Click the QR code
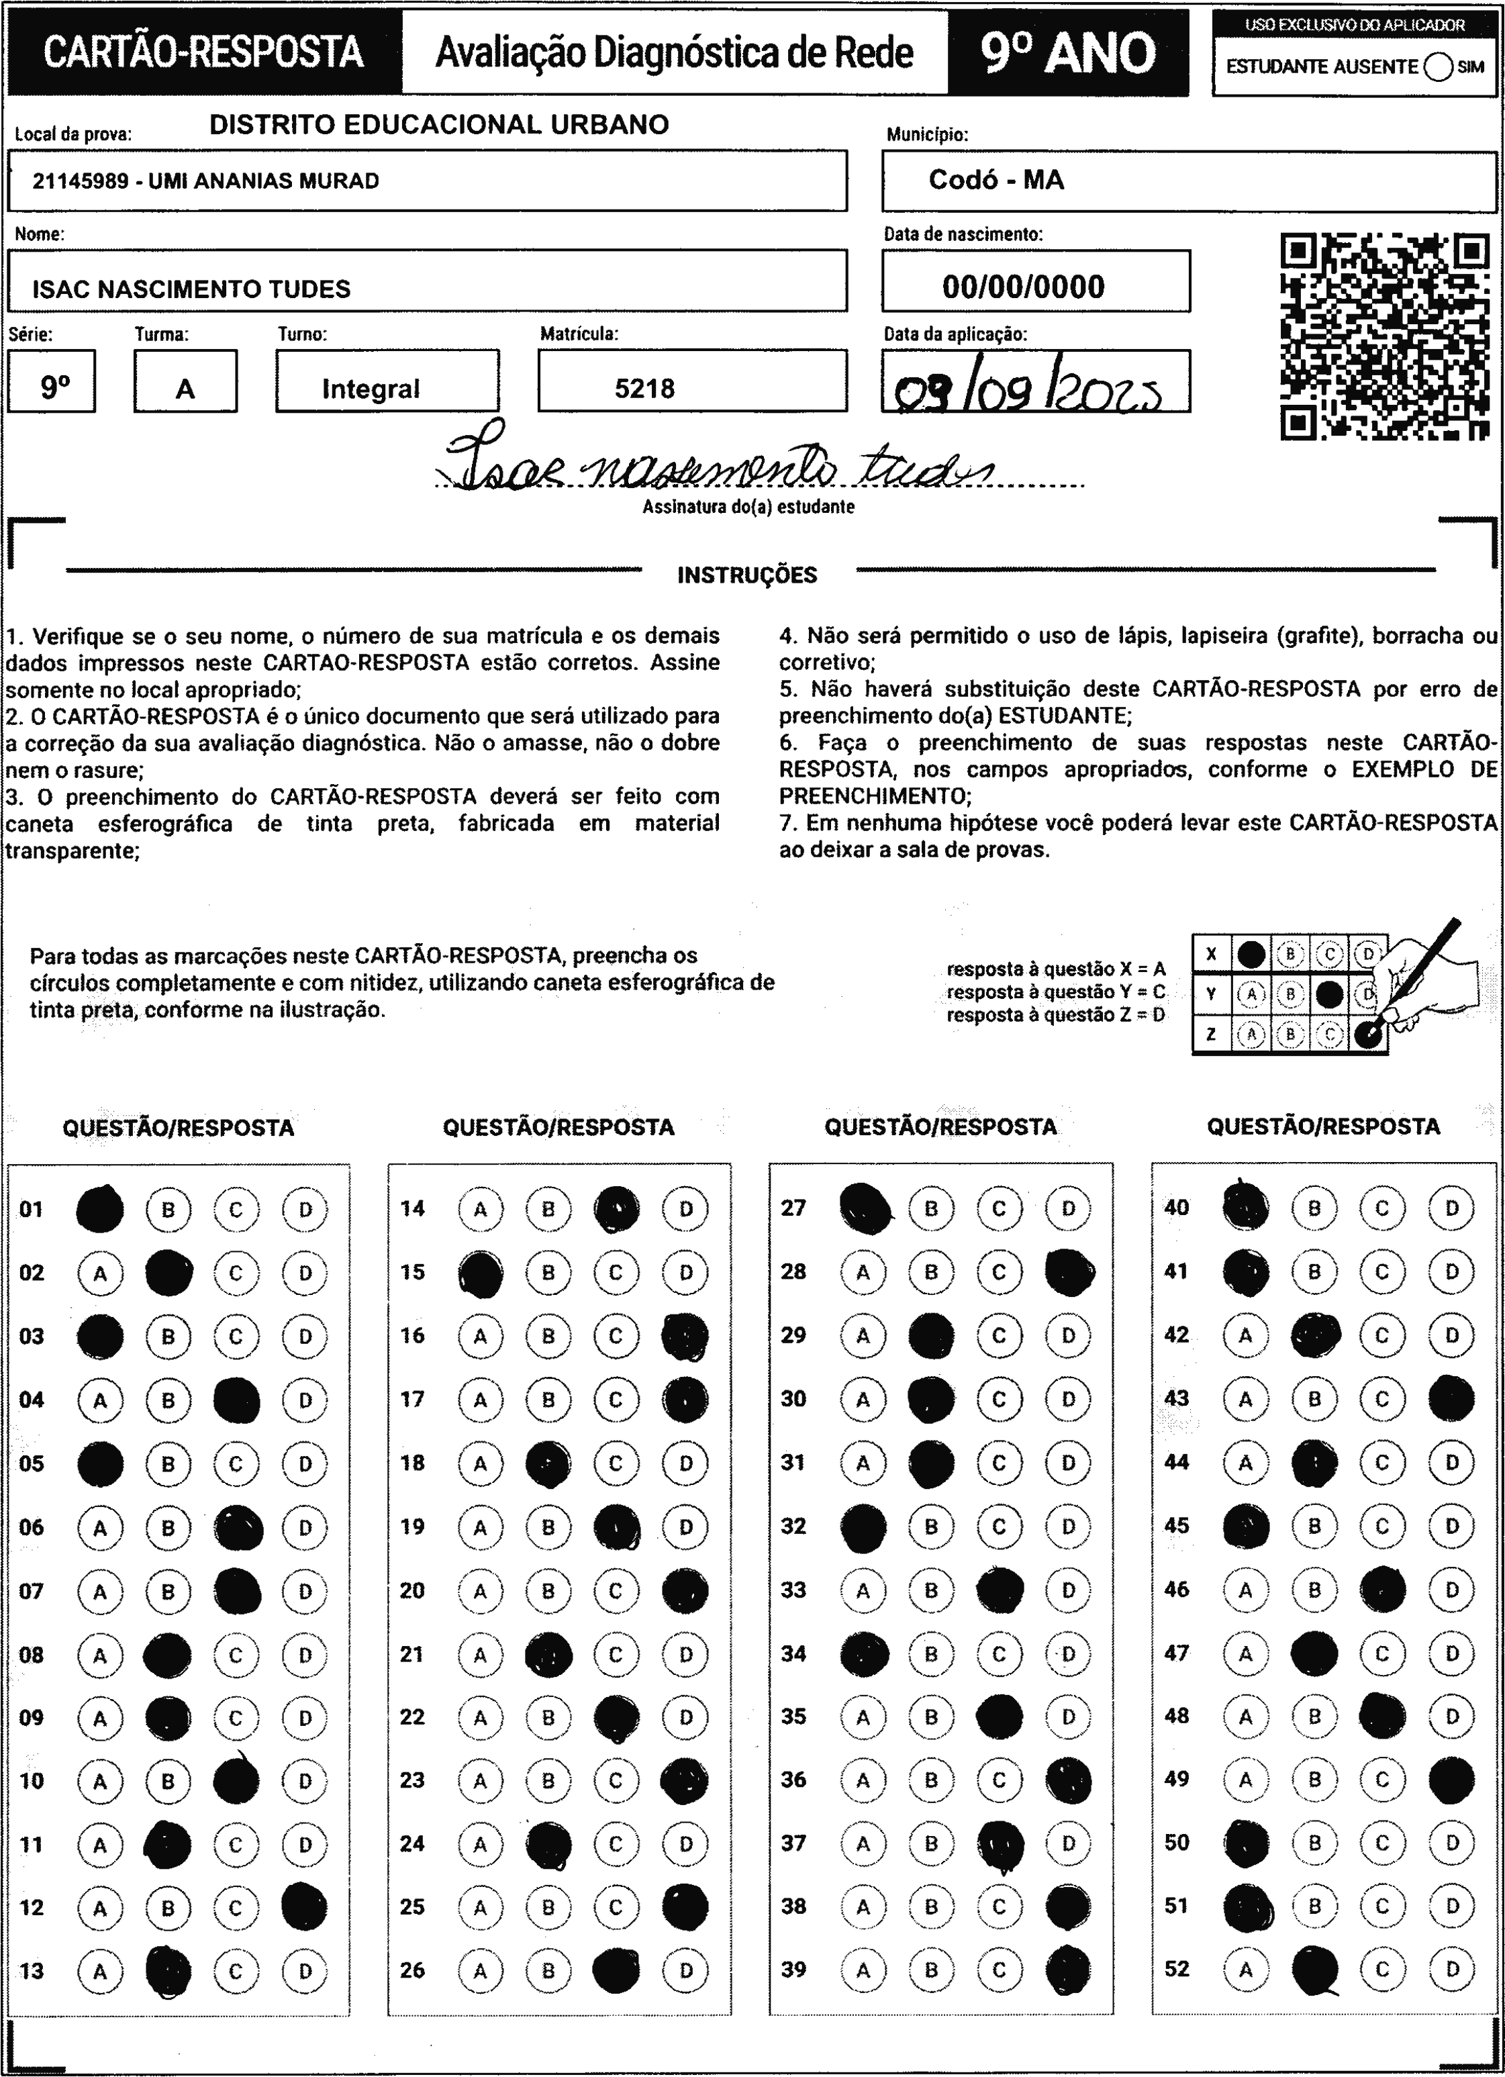point(1384,337)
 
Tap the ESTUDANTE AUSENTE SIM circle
point(1438,67)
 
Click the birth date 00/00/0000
point(1023,287)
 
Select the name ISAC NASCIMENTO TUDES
point(191,289)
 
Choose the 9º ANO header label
point(1068,53)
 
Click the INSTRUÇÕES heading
point(746,575)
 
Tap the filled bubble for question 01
point(101,1209)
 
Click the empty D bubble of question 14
point(685,1209)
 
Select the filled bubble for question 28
point(1069,1272)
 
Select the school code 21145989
point(80,181)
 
